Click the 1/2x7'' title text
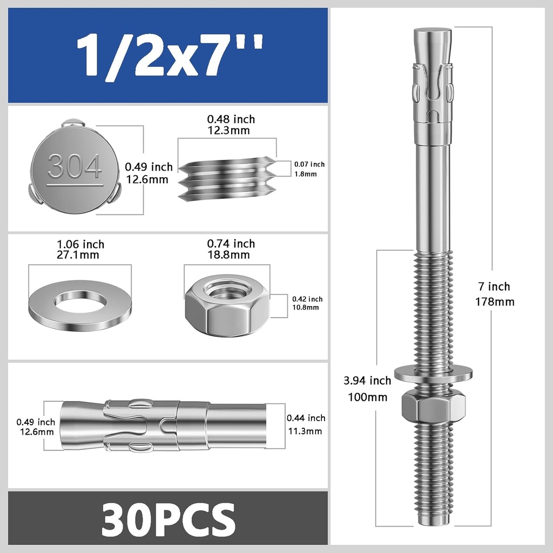(168, 56)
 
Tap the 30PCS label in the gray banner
(168, 518)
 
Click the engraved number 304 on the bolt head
(75, 166)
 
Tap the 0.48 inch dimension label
(231, 119)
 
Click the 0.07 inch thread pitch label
(309, 164)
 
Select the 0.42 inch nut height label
(307, 299)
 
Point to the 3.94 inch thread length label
(367, 381)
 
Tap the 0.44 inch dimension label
(306, 418)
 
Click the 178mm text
(494, 302)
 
